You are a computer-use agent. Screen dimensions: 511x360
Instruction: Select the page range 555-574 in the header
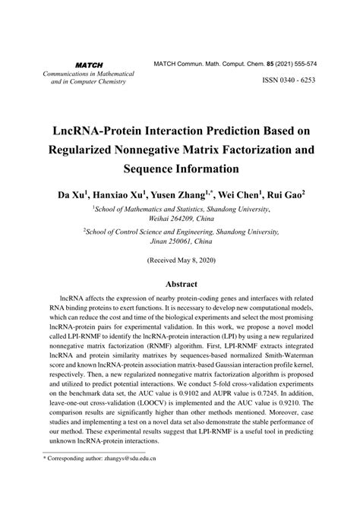point(302,65)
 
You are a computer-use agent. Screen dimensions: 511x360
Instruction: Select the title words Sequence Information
point(180,167)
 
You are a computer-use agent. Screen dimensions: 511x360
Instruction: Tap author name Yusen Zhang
point(182,194)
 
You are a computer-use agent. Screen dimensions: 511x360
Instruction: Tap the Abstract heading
point(180,284)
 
